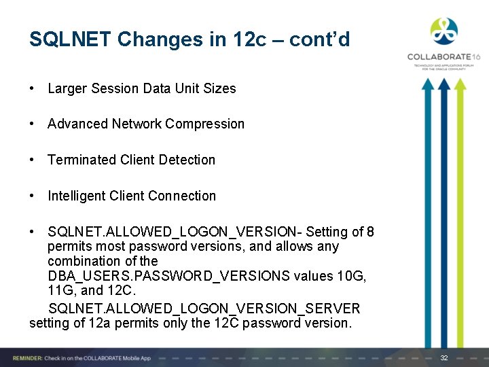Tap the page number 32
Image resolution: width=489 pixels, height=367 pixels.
[x=444, y=358]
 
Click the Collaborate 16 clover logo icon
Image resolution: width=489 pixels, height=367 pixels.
[x=443, y=31]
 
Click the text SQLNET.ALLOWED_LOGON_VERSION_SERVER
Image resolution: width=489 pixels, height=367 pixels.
[x=204, y=309]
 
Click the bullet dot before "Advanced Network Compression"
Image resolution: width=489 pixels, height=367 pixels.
[x=33, y=124]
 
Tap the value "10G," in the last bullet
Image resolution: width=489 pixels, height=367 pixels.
[x=351, y=276]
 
